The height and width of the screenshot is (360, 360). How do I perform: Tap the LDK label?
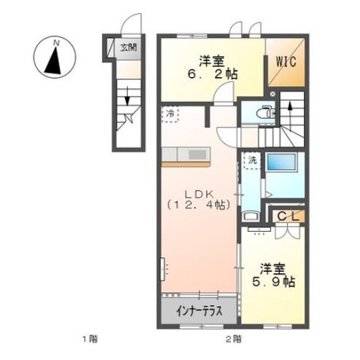[x=197, y=192]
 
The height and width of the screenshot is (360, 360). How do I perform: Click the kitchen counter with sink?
[x=186, y=154]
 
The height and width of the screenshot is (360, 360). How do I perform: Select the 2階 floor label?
[x=233, y=339]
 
